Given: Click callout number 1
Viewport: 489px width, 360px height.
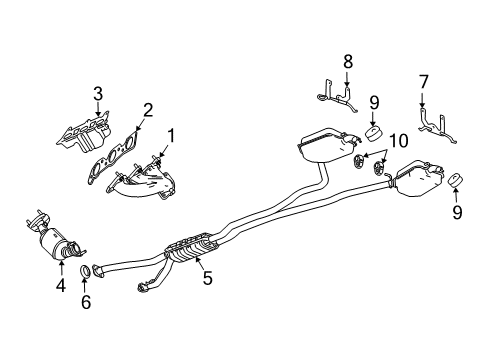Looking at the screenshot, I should [x=171, y=134].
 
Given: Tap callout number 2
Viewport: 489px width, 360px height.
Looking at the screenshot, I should [x=147, y=110].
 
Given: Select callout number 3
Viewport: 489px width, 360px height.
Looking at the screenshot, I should [x=98, y=93].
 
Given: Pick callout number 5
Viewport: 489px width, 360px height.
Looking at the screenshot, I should [x=207, y=279].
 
